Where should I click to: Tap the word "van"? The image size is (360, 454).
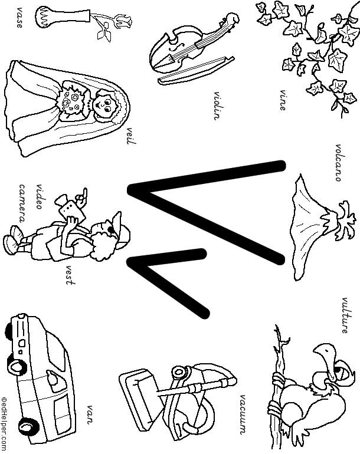click(x=91, y=411)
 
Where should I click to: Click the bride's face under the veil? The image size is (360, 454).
click(x=104, y=106)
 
